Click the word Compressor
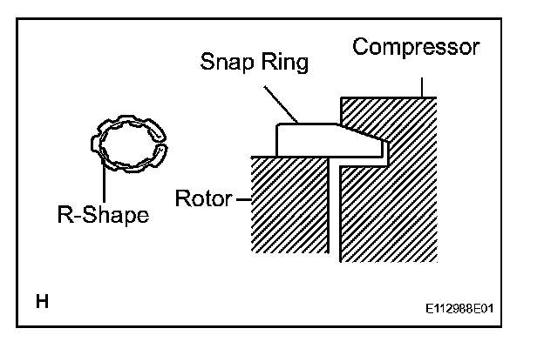415,47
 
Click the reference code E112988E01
464,309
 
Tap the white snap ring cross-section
314,139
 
